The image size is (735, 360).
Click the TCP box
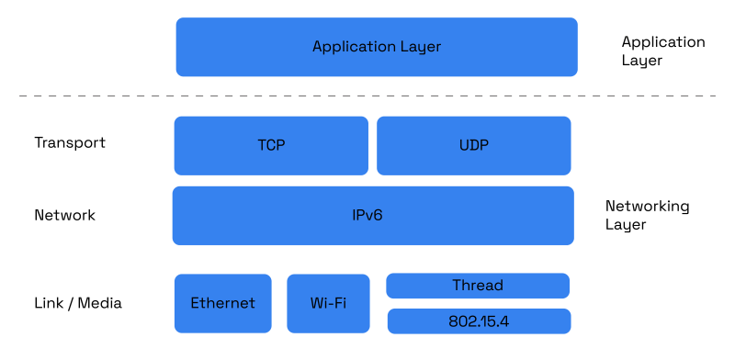pos(270,145)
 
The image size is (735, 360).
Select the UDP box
pos(473,145)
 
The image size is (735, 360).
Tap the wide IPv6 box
pos(372,216)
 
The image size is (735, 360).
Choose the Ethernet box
pos(222,303)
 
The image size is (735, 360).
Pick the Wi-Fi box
pos(328,303)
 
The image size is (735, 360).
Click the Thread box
pos(478,286)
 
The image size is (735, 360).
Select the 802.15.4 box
pos(478,321)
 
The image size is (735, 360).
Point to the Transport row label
pos(70,143)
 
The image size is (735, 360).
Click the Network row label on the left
pos(64,216)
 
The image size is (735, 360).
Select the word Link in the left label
pos(48,303)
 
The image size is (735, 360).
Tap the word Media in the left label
pos(100,303)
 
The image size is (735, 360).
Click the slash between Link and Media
pos(71,303)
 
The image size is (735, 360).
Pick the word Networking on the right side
pos(647,208)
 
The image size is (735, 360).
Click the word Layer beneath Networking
pos(625,225)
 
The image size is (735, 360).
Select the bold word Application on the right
pos(662,43)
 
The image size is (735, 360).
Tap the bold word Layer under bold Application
pos(641,62)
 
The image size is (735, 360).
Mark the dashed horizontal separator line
pos(367,96)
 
